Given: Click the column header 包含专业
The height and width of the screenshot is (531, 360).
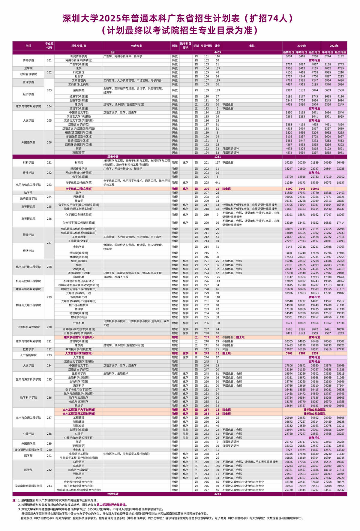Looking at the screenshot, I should (x=136, y=46).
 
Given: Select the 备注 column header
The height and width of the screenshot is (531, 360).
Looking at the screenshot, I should (x=252, y=46).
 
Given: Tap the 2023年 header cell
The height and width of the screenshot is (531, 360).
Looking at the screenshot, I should (x=334, y=46).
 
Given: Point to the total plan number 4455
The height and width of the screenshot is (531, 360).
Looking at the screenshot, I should (x=217, y=52).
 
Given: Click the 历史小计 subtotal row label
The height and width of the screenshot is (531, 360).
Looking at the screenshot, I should (x=113, y=157).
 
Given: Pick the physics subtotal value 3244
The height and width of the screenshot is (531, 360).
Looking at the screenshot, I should (x=217, y=494).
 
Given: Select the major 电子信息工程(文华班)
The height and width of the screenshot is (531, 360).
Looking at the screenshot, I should (x=79, y=189).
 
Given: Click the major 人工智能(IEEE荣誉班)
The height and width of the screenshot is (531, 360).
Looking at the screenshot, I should (x=79, y=353).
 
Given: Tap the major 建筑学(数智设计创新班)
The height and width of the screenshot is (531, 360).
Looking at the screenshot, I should (x=79, y=337).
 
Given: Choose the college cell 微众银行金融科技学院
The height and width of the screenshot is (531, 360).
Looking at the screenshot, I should (x=28, y=450).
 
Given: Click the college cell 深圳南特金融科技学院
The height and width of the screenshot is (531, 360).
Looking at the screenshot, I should (x=28, y=486).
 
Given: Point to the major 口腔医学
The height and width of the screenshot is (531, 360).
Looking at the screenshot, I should (x=79, y=462).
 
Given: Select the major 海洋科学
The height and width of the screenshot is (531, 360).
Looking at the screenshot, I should (x=79, y=385).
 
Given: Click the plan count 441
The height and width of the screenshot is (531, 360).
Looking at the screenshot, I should (x=217, y=183).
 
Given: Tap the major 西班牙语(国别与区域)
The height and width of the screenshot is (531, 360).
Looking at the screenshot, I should (x=79, y=144).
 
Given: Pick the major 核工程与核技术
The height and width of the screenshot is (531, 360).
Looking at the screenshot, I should (x=79, y=305).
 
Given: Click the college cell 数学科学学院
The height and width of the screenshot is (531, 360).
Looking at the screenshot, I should (x=28, y=397).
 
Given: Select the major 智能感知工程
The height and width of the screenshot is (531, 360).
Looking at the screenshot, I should (x=79, y=297).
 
